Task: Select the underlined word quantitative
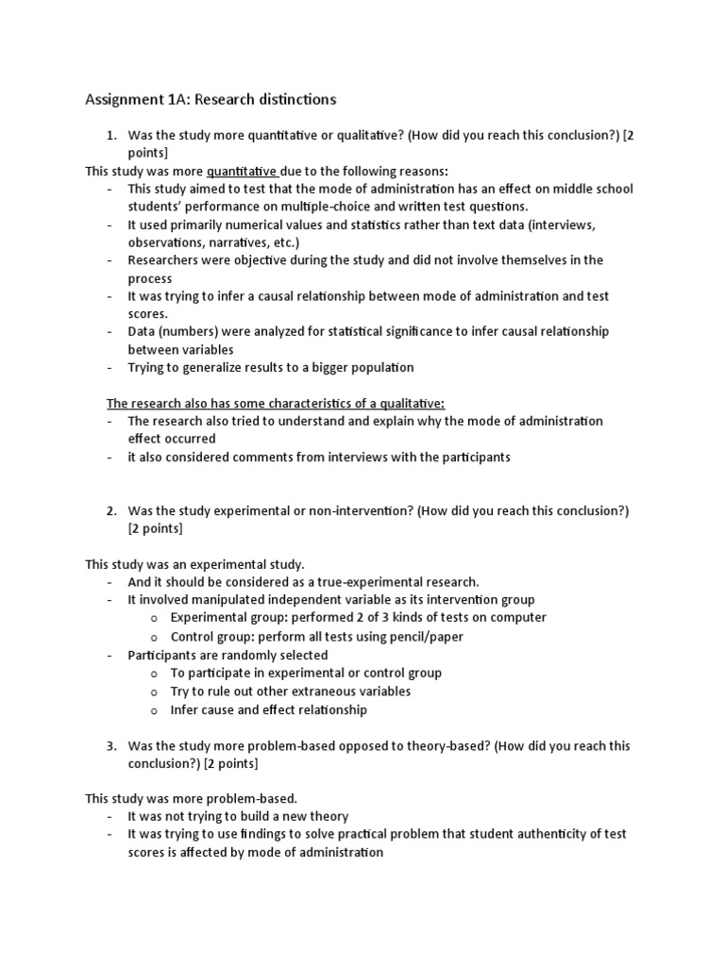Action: point(241,171)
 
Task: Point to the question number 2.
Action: point(110,511)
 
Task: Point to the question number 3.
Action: point(110,746)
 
